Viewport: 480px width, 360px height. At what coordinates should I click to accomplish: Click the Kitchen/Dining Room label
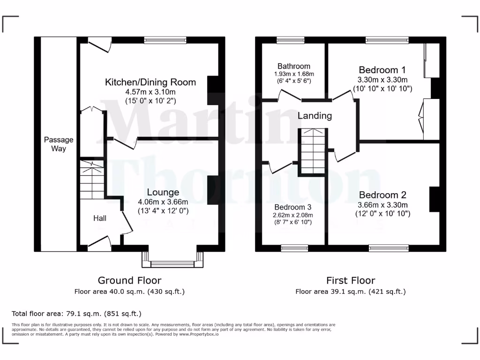coord(150,82)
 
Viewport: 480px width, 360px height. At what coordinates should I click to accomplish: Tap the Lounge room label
coord(163,192)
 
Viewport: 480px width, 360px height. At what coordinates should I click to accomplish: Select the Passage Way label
coord(59,144)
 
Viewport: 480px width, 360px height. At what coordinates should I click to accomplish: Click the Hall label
coord(99,218)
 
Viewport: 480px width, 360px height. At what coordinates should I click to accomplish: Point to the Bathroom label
coord(293,66)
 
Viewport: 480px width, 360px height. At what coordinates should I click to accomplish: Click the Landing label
coord(315,116)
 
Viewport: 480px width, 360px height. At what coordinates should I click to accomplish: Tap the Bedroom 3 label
coord(293,207)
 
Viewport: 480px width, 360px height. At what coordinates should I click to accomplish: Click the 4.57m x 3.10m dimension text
coord(150,92)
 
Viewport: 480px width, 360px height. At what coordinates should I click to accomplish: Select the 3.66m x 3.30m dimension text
coord(382,205)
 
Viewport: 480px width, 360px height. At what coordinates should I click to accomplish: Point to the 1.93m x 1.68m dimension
coord(294,74)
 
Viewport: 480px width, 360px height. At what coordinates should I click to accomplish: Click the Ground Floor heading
coord(129,280)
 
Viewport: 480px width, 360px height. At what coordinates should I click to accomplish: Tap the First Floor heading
coord(351,280)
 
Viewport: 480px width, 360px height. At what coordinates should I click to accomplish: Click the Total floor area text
coord(76,314)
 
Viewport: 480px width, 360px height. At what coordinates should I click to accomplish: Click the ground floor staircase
coord(91,180)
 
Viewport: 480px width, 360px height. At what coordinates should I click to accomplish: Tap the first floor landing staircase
coord(313,151)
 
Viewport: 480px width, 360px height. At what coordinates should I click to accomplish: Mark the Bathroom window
coord(290,40)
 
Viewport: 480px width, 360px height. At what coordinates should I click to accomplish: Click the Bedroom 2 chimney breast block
coord(434,199)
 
